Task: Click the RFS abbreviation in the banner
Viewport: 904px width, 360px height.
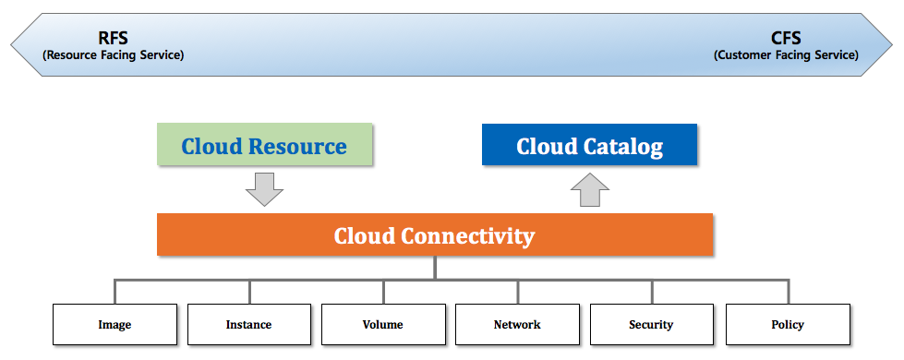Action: pyautogui.click(x=113, y=38)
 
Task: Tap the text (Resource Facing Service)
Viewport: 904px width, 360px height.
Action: pyautogui.click(x=113, y=55)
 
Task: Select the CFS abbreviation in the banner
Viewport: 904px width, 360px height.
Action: pyautogui.click(x=786, y=38)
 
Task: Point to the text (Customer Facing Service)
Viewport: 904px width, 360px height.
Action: pyautogui.click(x=786, y=55)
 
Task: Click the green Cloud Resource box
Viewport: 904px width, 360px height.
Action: pyautogui.click(x=265, y=144)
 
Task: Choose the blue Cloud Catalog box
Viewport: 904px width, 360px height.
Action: pyautogui.click(x=589, y=145)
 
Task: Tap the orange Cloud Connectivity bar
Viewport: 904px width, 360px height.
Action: pyautogui.click(x=435, y=234)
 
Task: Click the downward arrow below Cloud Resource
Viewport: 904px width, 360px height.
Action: pyautogui.click(x=265, y=189)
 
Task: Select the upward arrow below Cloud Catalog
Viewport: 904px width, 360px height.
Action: pyautogui.click(x=590, y=189)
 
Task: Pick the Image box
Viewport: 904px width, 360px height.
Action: pyautogui.click(x=115, y=324)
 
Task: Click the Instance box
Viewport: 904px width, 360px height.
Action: pyautogui.click(x=249, y=324)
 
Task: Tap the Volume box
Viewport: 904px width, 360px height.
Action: pyautogui.click(x=383, y=324)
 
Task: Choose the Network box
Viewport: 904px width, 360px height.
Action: pyautogui.click(x=518, y=324)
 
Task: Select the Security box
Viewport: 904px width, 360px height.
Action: pyautogui.click(x=652, y=324)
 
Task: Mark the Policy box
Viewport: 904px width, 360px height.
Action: pyautogui.click(x=788, y=324)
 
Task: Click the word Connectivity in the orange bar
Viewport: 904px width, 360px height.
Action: pyautogui.click(x=467, y=236)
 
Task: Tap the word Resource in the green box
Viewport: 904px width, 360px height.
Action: pyautogui.click(x=297, y=146)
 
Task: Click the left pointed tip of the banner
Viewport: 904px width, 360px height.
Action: pyautogui.click(x=11, y=45)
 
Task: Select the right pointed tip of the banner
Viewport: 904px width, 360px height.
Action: pyautogui.click(x=893, y=45)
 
